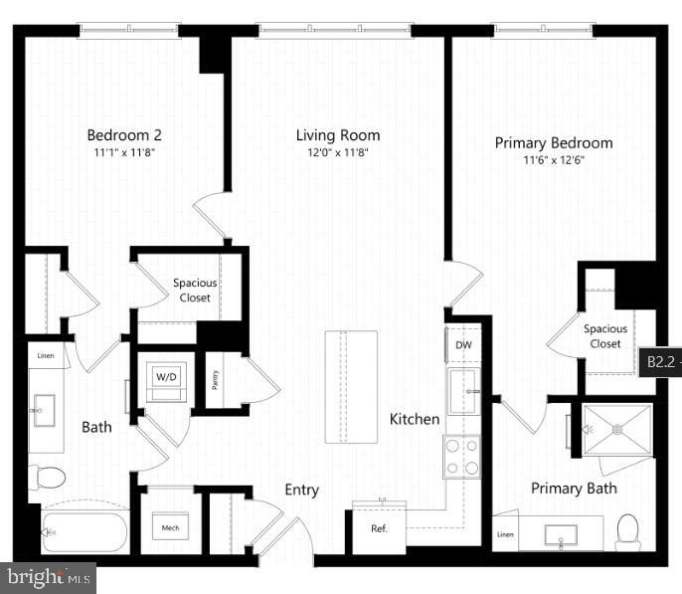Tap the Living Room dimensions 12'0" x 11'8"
pyautogui.click(x=338, y=153)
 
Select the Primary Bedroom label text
pyautogui.click(x=554, y=143)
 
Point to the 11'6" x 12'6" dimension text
pyautogui.click(x=554, y=160)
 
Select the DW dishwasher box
pyautogui.click(x=463, y=345)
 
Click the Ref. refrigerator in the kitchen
pyautogui.click(x=379, y=528)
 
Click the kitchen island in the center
pyautogui.click(x=351, y=386)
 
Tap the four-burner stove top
pyautogui.click(x=461, y=457)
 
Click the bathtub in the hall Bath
pyautogui.click(x=85, y=532)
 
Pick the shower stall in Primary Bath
pyautogui.click(x=617, y=430)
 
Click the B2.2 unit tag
pyautogui.click(x=661, y=363)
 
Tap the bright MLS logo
pyautogui.click(x=49, y=576)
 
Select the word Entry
pyautogui.click(x=302, y=490)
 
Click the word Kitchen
pyautogui.click(x=415, y=419)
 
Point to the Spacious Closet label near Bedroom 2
pyautogui.click(x=195, y=290)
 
